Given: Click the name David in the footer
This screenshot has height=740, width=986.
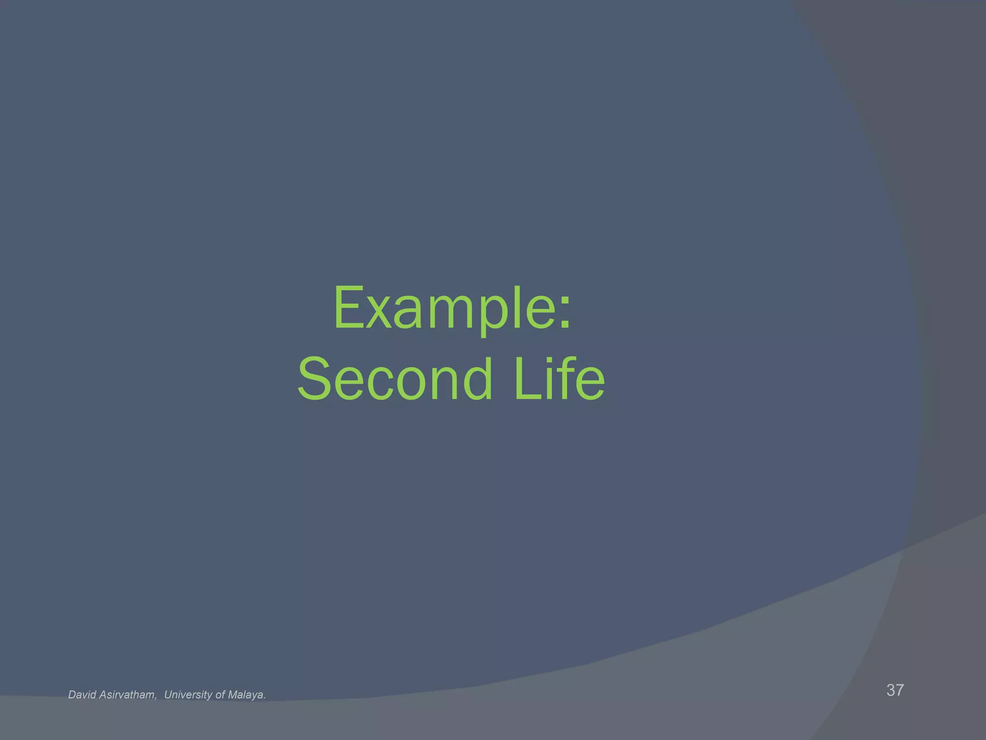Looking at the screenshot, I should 82,695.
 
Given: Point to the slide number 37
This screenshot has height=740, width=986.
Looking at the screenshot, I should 895,690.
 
